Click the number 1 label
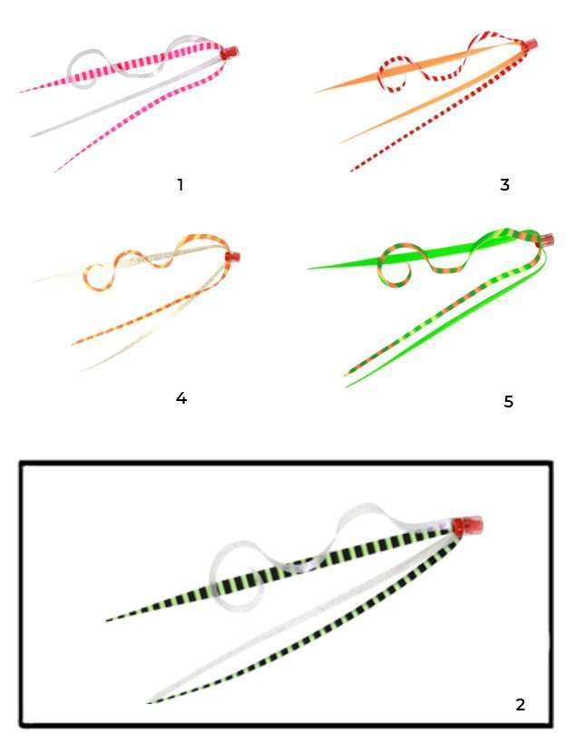click(x=180, y=184)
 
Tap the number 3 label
click(x=505, y=184)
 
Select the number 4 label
click(x=181, y=397)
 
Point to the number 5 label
click(x=508, y=401)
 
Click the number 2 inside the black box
click(x=520, y=705)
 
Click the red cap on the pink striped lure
click(x=230, y=52)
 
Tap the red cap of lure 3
click(x=530, y=44)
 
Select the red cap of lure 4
click(x=232, y=257)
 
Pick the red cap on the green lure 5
click(x=546, y=240)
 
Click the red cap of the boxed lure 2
click(x=467, y=525)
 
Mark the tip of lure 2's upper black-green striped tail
click(x=107, y=620)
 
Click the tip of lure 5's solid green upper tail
click(x=309, y=269)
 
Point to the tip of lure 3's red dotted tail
click(x=351, y=171)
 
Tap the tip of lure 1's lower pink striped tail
click(x=55, y=171)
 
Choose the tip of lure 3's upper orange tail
click(x=315, y=92)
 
